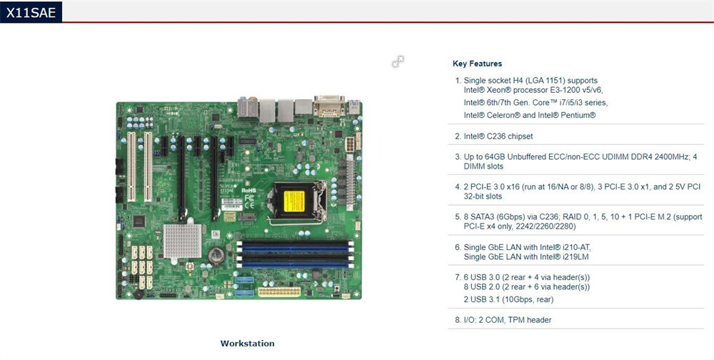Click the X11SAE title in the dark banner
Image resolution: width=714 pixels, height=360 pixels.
click(30, 11)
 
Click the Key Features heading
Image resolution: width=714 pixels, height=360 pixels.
click(477, 64)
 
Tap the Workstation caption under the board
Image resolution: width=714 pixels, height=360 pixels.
click(247, 344)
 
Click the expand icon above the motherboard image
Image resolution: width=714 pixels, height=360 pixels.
click(398, 62)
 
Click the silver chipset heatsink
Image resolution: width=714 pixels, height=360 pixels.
click(181, 239)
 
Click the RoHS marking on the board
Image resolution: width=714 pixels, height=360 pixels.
click(249, 191)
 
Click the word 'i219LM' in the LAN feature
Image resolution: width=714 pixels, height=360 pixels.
click(575, 256)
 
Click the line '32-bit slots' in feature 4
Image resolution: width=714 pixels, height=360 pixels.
click(483, 196)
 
